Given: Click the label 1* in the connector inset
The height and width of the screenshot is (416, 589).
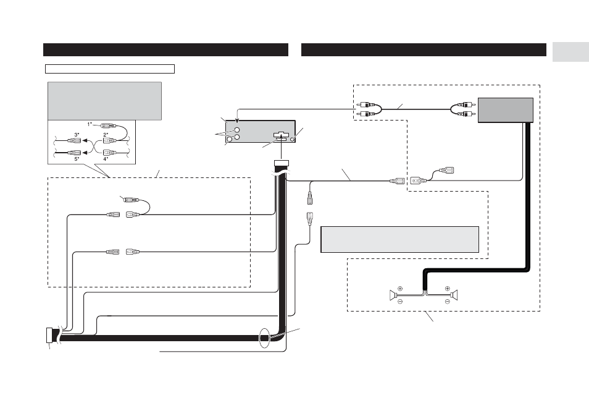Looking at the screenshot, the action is pyautogui.click(x=90, y=124).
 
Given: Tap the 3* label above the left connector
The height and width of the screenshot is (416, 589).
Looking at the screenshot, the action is pyautogui.click(x=77, y=134).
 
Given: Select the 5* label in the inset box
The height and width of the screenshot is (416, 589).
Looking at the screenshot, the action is pyautogui.click(x=77, y=159).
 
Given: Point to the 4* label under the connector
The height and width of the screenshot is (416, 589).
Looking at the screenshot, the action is pyautogui.click(x=106, y=159).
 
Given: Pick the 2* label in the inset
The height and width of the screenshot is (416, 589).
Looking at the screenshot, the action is pyautogui.click(x=106, y=134).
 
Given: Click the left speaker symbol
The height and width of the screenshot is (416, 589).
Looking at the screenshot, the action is pyautogui.click(x=393, y=295).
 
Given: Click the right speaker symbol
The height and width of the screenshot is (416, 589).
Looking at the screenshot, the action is pyautogui.click(x=454, y=295).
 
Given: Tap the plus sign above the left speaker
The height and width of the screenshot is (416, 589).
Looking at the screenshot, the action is pyautogui.click(x=400, y=289).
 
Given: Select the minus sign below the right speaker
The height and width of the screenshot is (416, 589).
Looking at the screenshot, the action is pyautogui.click(x=447, y=301).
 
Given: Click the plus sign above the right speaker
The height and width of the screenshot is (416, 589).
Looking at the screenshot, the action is pyautogui.click(x=447, y=289).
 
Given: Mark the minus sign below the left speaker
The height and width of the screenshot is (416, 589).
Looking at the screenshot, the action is pyautogui.click(x=400, y=301).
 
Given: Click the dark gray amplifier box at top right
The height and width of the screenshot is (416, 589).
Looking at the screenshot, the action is pyautogui.click(x=505, y=110).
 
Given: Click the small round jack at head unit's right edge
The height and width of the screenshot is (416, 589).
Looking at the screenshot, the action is pyautogui.click(x=291, y=140).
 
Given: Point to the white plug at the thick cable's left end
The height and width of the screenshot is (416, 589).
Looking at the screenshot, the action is pyautogui.click(x=49, y=336).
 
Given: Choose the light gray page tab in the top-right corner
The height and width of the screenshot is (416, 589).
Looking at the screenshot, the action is pyautogui.click(x=570, y=53).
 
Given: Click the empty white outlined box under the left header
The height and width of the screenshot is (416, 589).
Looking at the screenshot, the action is pyautogui.click(x=110, y=69).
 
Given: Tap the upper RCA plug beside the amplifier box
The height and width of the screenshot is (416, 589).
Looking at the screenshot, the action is pyautogui.click(x=467, y=104).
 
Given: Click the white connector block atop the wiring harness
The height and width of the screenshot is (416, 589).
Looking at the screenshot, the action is pyautogui.click(x=282, y=164).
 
